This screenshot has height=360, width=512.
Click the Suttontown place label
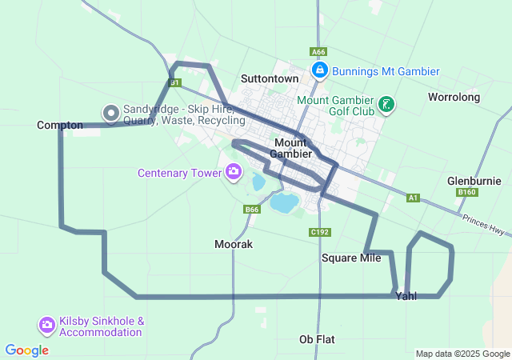coord(270,79)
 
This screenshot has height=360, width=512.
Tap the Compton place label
coord(60,126)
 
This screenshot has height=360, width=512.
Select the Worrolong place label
coord(454,98)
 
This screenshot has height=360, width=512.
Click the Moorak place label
coord(234,244)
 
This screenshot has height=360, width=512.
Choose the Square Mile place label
coord(351,258)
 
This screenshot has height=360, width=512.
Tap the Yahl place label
coord(406,297)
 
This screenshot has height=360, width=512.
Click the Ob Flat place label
coord(317,338)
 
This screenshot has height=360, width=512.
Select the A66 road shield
coord(318,51)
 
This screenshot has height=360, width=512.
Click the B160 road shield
coord(467,193)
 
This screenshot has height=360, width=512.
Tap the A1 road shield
coord(413,197)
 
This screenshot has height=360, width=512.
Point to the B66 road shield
coord(253,210)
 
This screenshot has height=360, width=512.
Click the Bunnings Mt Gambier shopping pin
coord(319,71)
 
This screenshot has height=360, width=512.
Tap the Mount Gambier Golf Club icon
coord(386,105)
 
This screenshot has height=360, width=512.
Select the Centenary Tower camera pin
coord(234,171)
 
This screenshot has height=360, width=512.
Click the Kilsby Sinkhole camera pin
coord(46,325)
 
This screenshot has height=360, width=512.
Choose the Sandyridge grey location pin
coord(110,114)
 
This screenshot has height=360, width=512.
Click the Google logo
coord(26,350)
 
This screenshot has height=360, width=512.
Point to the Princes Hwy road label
coord(484,226)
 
